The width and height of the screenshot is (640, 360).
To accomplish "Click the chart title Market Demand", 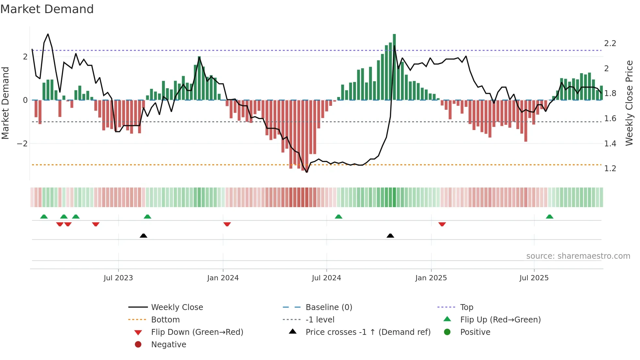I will (x=47, y=9).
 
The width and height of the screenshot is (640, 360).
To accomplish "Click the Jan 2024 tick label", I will (x=223, y=278).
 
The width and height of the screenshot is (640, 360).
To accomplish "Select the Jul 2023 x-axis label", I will (x=118, y=278).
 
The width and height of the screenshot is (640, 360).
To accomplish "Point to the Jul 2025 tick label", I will (x=534, y=278).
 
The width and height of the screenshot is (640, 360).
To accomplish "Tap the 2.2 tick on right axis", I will (x=610, y=43).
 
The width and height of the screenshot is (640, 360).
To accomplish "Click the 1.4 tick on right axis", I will (x=610, y=144).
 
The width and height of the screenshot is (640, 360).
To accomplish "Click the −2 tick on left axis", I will (x=22, y=144).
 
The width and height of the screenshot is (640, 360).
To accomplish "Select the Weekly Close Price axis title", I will (x=629, y=103).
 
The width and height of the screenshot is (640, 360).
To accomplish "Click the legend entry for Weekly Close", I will (x=177, y=307).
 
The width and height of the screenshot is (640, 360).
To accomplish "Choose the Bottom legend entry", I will (x=165, y=320).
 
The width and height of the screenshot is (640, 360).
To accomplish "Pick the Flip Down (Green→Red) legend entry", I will (x=197, y=332).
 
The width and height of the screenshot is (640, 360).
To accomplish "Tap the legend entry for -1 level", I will (x=320, y=320).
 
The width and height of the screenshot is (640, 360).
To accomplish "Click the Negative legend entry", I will (x=168, y=345).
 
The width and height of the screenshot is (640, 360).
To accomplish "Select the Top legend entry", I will (x=467, y=307).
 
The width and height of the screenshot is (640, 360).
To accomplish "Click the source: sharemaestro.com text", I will (x=578, y=256).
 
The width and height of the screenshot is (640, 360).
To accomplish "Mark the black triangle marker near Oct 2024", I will (x=390, y=236).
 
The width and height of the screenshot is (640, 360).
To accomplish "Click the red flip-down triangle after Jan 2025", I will (x=442, y=224).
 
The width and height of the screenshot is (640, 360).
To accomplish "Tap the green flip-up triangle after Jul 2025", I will (x=550, y=217).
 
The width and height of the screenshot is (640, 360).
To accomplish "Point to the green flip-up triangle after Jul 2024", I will (x=339, y=217).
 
